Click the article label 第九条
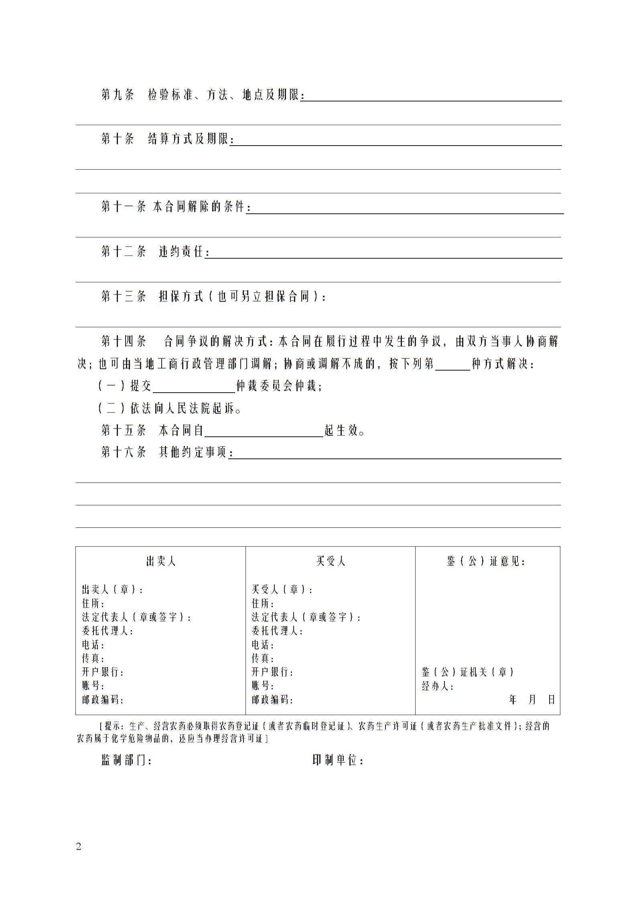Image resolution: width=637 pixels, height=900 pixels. click(117, 95)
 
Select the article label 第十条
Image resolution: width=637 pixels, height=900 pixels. click(117, 139)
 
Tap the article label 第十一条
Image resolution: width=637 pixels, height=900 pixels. click(123, 207)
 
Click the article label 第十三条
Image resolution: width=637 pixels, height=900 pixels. click(123, 297)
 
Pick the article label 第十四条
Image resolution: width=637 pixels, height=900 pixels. click(123, 342)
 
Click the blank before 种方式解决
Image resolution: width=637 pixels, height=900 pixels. click(452, 364)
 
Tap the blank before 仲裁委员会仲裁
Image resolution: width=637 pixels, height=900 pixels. click(194, 387)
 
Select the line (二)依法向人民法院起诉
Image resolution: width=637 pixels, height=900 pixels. click(170, 409)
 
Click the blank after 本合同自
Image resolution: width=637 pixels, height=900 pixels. click(264, 431)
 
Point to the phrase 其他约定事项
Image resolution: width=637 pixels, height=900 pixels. click(193, 453)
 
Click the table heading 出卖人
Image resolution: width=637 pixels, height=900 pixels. click(161, 561)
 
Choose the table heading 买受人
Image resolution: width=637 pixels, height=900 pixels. click(331, 561)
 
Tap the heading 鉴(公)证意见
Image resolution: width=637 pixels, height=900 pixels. click(486, 561)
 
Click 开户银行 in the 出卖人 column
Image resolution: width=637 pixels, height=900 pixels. click(103, 672)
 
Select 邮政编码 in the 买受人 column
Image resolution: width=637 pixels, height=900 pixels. click(272, 700)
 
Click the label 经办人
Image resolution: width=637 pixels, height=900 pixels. click(437, 686)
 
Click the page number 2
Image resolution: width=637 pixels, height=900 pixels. click(79, 847)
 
